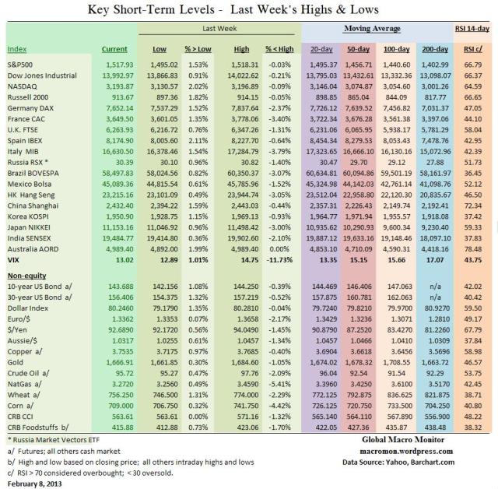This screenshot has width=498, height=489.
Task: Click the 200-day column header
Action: coord(430,49)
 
